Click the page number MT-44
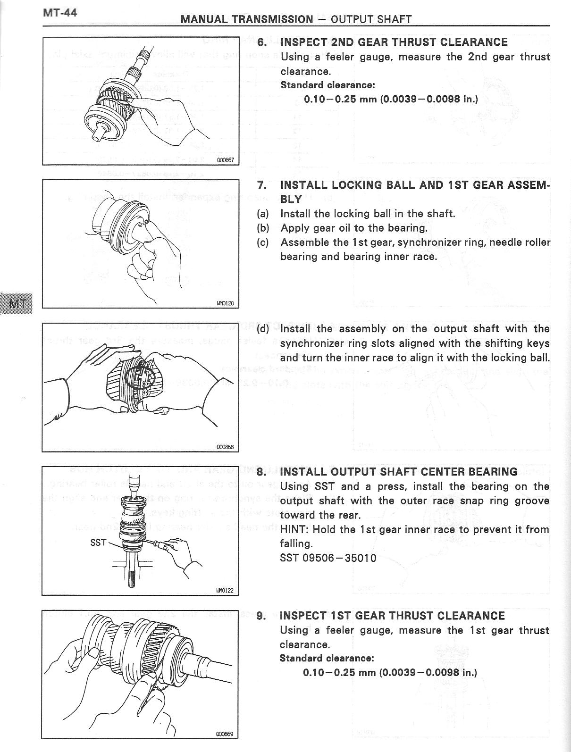pos(60,13)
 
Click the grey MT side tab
pos(17,303)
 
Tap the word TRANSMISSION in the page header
pos(271,19)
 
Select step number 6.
pos(262,42)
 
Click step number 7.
pos(262,185)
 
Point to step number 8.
pos(261,472)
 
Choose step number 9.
pos(261,616)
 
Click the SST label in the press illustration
pos(98,543)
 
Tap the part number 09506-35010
pos(339,558)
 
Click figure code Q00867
pos(226,160)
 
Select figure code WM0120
pos(226,303)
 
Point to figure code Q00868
pos(225,447)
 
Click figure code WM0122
pos(225,590)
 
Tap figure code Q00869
pos(225,734)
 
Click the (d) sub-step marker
pos(263,329)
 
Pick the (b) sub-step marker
pos(263,228)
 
